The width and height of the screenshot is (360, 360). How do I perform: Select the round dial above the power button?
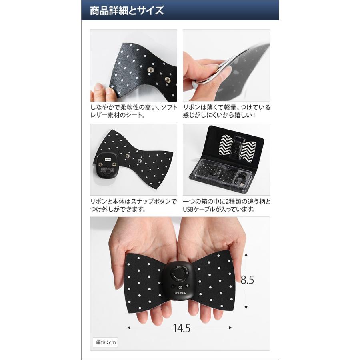point(180,274)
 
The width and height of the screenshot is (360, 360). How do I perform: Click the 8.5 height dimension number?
point(247,280)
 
